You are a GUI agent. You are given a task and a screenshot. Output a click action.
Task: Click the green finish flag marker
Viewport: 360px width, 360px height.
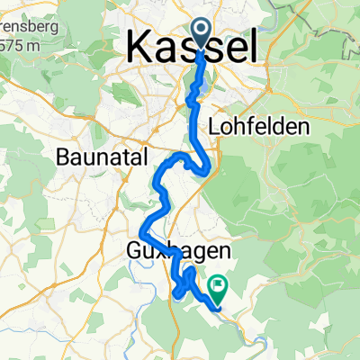pyautogui.click(x=217, y=286)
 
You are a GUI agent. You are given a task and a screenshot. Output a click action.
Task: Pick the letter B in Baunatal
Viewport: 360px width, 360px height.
pyautogui.click(x=62, y=156)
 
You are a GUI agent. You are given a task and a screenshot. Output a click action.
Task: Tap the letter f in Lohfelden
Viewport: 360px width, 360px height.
pyautogui.click(x=249, y=128)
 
